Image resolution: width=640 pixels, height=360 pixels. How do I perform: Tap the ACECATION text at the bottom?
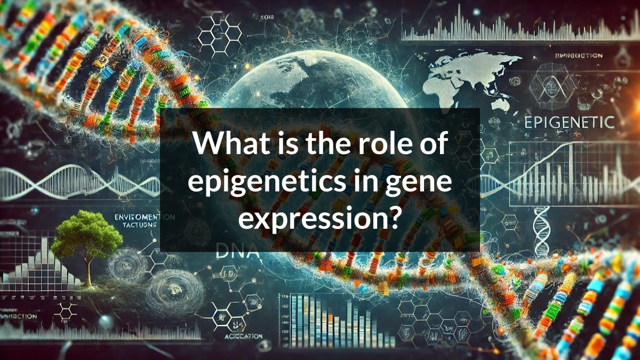[243, 337]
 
